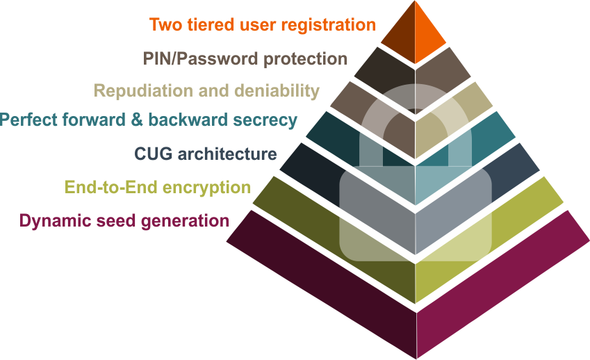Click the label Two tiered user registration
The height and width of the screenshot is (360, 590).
coord(262,25)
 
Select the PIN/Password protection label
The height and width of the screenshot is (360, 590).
coord(245,58)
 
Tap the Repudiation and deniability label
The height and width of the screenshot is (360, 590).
coord(206,91)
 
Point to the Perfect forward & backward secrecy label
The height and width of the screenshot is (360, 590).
coord(149,120)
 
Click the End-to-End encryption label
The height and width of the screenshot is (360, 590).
coord(157,187)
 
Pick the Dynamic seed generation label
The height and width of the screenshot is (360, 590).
coord(124,221)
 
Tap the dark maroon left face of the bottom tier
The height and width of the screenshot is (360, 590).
coord(320,292)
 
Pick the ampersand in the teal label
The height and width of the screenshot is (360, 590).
coord(135,120)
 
